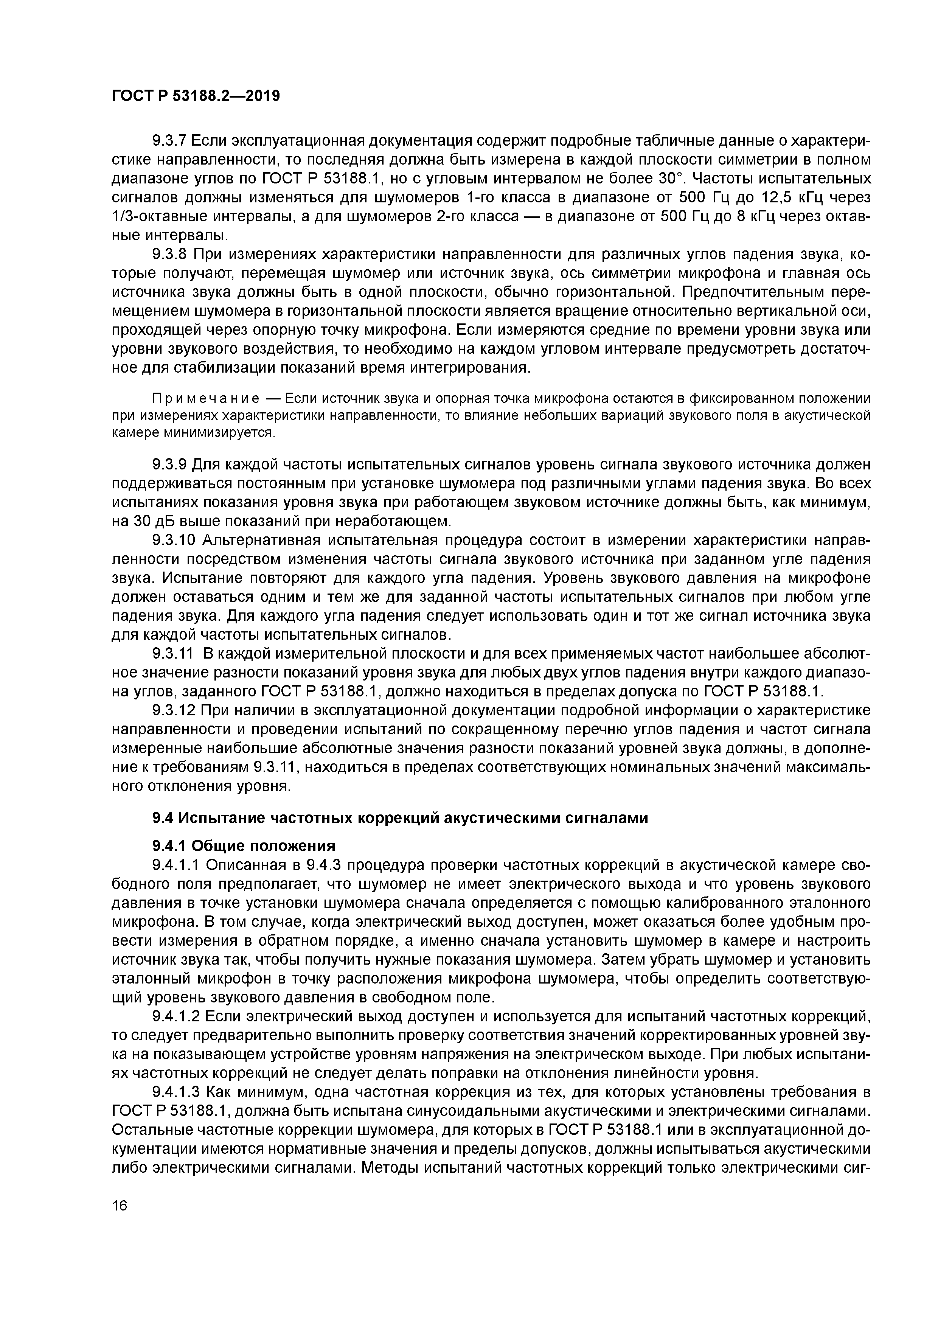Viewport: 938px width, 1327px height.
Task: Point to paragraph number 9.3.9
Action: tap(169, 464)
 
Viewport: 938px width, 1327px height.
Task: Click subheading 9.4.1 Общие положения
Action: tap(243, 846)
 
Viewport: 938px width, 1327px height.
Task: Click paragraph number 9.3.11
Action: tap(172, 654)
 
